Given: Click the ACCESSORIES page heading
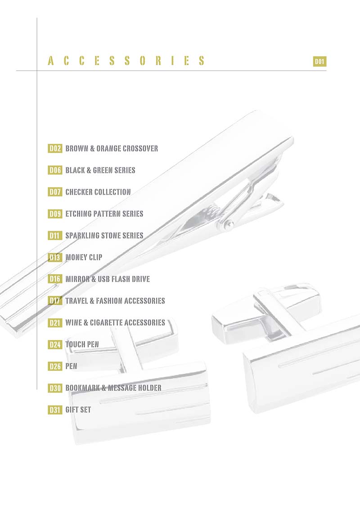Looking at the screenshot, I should (126, 62).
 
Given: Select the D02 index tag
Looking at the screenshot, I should (55, 148).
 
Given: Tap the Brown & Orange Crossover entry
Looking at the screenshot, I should (112, 148).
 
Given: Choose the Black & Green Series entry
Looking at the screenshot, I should (100, 170).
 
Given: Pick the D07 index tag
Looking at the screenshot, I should (55, 192).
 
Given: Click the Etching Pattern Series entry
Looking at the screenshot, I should (104, 214).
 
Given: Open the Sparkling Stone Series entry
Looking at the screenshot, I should (104, 235).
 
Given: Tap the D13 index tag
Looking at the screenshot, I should (55, 257).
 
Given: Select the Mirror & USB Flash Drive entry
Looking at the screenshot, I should (108, 279).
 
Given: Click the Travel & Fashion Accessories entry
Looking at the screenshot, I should (115, 300).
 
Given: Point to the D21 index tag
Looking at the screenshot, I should (55, 322).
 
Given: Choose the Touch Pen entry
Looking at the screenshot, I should (82, 344).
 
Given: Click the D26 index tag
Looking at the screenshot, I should (55, 366).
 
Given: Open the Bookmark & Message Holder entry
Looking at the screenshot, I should (113, 388).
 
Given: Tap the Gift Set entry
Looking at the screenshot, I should (78, 410).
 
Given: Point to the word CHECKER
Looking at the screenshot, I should (79, 192).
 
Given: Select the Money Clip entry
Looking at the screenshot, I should (84, 257).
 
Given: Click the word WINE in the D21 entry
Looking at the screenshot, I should (74, 322).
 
